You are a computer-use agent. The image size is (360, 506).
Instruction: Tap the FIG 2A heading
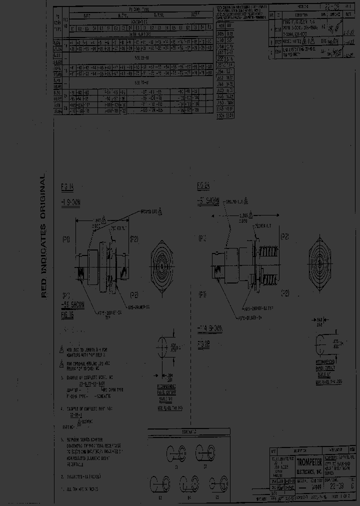coord(203,187)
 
